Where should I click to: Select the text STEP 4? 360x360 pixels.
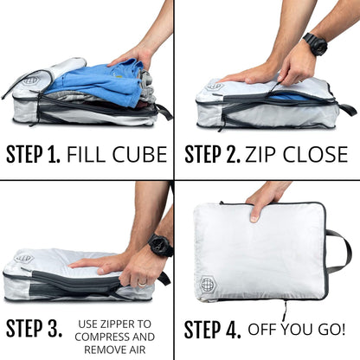[x=212, y=330]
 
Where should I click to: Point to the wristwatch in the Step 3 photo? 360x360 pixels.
[x=160, y=246]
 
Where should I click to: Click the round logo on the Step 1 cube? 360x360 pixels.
[x=30, y=80]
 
